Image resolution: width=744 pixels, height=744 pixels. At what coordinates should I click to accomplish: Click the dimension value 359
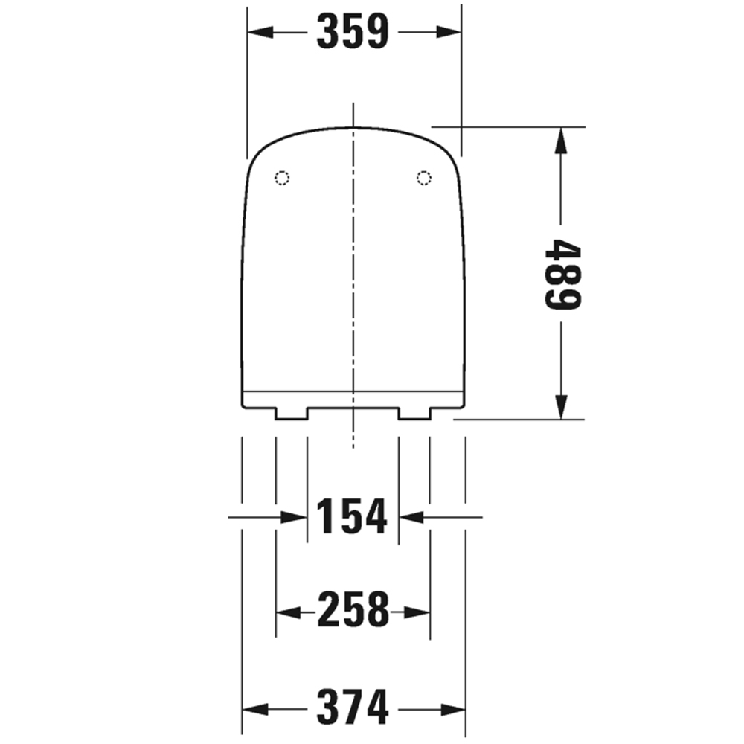[353, 32]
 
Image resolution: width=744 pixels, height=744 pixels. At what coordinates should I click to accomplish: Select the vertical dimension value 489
[562, 274]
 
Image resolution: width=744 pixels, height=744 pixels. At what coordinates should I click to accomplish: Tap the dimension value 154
[353, 516]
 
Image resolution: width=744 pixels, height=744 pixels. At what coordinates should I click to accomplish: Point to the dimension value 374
[353, 707]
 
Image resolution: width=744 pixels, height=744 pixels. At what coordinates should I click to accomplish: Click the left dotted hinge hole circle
[282, 177]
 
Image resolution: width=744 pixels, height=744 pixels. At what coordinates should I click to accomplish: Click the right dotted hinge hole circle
[424, 177]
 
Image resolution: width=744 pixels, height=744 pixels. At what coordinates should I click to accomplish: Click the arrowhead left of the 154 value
[295, 516]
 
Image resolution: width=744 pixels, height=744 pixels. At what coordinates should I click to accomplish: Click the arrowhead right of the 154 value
[412, 516]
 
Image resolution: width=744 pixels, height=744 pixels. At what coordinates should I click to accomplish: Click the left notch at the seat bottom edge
[291, 413]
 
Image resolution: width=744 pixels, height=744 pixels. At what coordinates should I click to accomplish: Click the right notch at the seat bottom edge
[414, 413]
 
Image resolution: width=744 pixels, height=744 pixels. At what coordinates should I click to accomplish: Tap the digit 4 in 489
[562, 251]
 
